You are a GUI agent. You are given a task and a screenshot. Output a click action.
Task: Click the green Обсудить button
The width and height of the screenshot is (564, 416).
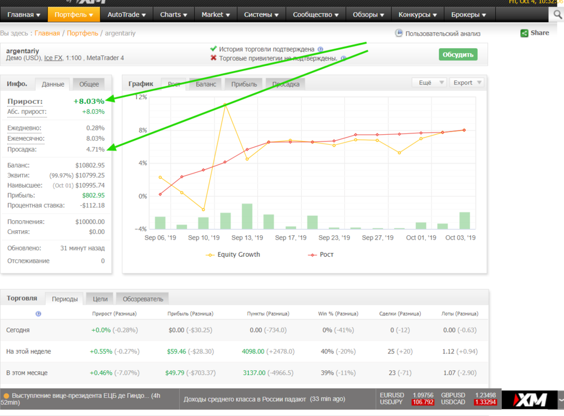click(458, 55)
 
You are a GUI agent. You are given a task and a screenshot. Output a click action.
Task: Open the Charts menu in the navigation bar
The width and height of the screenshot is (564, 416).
click(174, 15)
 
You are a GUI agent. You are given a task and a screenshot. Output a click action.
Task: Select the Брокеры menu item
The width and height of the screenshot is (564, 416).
click(469, 15)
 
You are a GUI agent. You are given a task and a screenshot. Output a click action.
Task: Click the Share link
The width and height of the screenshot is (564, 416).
click(535, 33)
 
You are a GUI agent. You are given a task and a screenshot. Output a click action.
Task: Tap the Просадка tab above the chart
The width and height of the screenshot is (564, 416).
click(286, 84)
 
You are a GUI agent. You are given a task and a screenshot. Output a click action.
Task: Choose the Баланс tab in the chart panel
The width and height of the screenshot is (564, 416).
click(206, 84)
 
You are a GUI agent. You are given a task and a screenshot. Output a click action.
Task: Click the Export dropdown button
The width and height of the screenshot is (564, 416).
click(467, 83)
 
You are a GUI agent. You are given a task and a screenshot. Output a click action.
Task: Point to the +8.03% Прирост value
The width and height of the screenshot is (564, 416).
click(89, 102)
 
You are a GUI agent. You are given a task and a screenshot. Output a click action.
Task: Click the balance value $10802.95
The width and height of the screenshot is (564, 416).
click(90, 165)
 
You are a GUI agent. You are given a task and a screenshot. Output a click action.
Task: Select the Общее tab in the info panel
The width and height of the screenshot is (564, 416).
click(89, 84)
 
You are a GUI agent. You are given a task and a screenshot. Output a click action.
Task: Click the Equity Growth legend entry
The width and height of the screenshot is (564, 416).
click(233, 255)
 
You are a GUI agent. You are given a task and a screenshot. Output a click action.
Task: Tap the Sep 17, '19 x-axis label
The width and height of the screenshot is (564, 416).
click(291, 237)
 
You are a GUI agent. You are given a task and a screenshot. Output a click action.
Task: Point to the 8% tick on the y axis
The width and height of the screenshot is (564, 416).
click(143, 130)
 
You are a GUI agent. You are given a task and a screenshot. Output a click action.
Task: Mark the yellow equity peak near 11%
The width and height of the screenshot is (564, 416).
click(225, 105)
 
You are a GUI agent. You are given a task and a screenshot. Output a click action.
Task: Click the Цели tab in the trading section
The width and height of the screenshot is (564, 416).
click(100, 298)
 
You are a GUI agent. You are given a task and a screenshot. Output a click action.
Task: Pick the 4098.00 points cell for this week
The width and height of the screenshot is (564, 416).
click(253, 351)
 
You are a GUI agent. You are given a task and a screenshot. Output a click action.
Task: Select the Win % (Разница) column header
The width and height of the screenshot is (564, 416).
click(338, 314)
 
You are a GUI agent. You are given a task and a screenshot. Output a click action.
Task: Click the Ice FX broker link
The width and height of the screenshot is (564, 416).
click(53, 58)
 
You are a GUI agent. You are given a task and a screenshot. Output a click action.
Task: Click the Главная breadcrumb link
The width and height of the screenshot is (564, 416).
click(47, 33)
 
